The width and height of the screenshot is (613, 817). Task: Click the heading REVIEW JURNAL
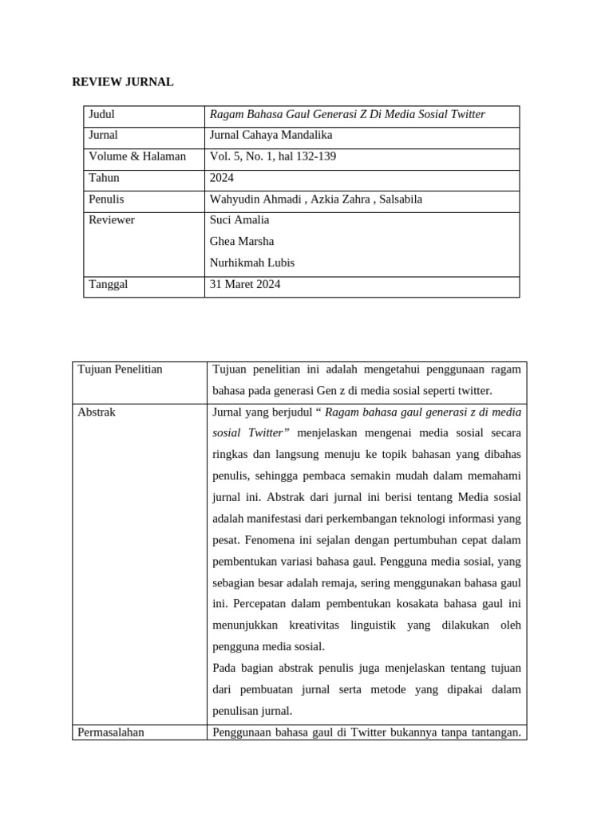123,81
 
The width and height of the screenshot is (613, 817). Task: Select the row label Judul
102,115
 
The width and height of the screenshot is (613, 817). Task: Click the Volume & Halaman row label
137,156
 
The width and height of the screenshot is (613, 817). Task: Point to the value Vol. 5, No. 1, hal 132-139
272,156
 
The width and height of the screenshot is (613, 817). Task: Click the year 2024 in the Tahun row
221,178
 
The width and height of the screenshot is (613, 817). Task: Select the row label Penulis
107,199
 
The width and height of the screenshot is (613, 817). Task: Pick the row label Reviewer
112,220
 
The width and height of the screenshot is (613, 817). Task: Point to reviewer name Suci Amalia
239,220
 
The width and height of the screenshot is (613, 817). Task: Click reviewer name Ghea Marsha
241,242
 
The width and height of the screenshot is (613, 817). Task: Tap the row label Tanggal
109,284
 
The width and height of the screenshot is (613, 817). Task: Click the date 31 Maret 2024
245,284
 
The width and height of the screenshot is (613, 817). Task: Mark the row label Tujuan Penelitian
121,369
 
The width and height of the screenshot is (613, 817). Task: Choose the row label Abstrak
97,412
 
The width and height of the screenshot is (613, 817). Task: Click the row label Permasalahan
111,732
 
